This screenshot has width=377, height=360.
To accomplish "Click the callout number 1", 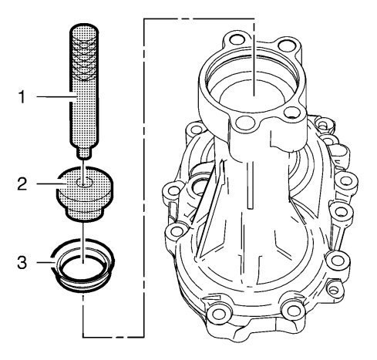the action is tap(22, 97).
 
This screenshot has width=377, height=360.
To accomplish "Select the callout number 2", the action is tap(22, 184).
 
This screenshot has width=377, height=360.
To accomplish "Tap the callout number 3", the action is tap(22, 262).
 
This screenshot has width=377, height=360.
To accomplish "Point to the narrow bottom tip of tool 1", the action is tap(84, 153).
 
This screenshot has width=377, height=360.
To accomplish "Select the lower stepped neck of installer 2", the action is tap(85, 213).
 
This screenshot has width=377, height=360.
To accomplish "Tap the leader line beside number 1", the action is tap(57, 96).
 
